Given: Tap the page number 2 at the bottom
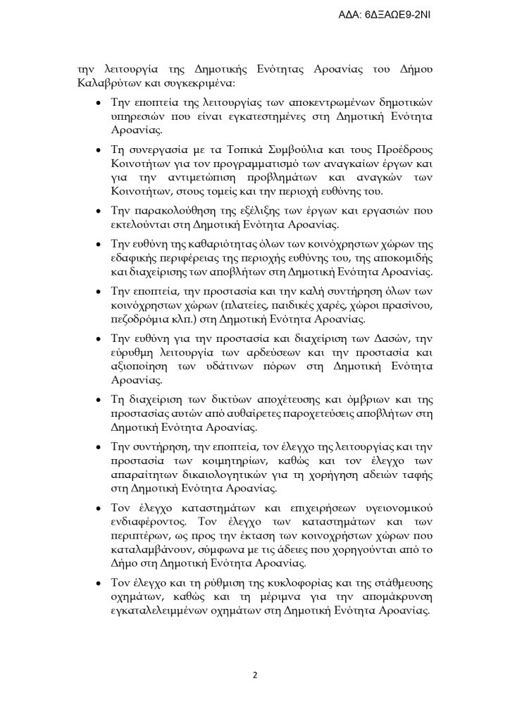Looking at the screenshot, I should tap(255, 675).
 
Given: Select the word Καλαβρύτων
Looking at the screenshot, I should tap(108, 82).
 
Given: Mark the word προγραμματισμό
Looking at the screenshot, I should tap(223, 165).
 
